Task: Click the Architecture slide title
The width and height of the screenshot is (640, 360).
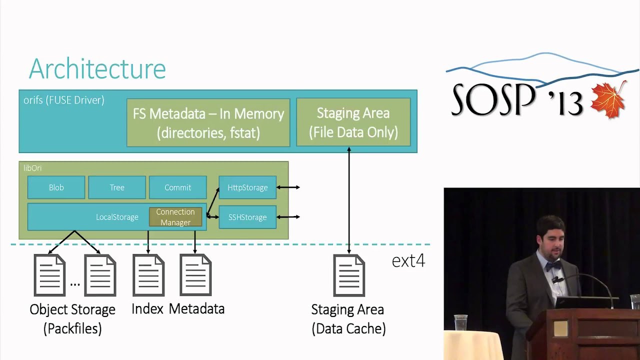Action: [x=97, y=69]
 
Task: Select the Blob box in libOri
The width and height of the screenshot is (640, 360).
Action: [x=56, y=187]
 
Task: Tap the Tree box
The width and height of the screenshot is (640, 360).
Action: [x=117, y=187]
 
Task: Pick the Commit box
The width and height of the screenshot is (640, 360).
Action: [x=177, y=187]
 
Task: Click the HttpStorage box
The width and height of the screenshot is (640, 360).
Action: [x=247, y=187]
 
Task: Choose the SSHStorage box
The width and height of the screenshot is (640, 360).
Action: [x=247, y=217]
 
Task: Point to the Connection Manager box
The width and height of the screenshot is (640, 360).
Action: [x=175, y=217]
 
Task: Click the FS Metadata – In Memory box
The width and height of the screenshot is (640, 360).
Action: [x=208, y=122]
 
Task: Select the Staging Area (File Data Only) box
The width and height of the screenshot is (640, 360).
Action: [x=353, y=122]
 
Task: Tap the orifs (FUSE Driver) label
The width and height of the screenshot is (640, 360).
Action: [x=64, y=100]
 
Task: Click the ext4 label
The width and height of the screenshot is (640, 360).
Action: [x=408, y=260]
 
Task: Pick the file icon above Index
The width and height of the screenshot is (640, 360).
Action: [x=148, y=275]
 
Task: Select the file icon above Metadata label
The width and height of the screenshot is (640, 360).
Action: [x=195, y=275]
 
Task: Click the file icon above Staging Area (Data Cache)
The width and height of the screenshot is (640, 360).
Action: [x=349, y=275]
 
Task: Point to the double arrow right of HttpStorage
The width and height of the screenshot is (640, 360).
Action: [x=288, y=187]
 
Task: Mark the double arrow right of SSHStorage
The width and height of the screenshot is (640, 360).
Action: [x=288, y=217]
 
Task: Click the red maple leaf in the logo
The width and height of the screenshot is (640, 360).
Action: [x=608, y=100]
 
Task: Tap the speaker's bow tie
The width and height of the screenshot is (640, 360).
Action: [x=552, y=266]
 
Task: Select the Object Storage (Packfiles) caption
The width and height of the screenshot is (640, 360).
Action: [x=72, y=318]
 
